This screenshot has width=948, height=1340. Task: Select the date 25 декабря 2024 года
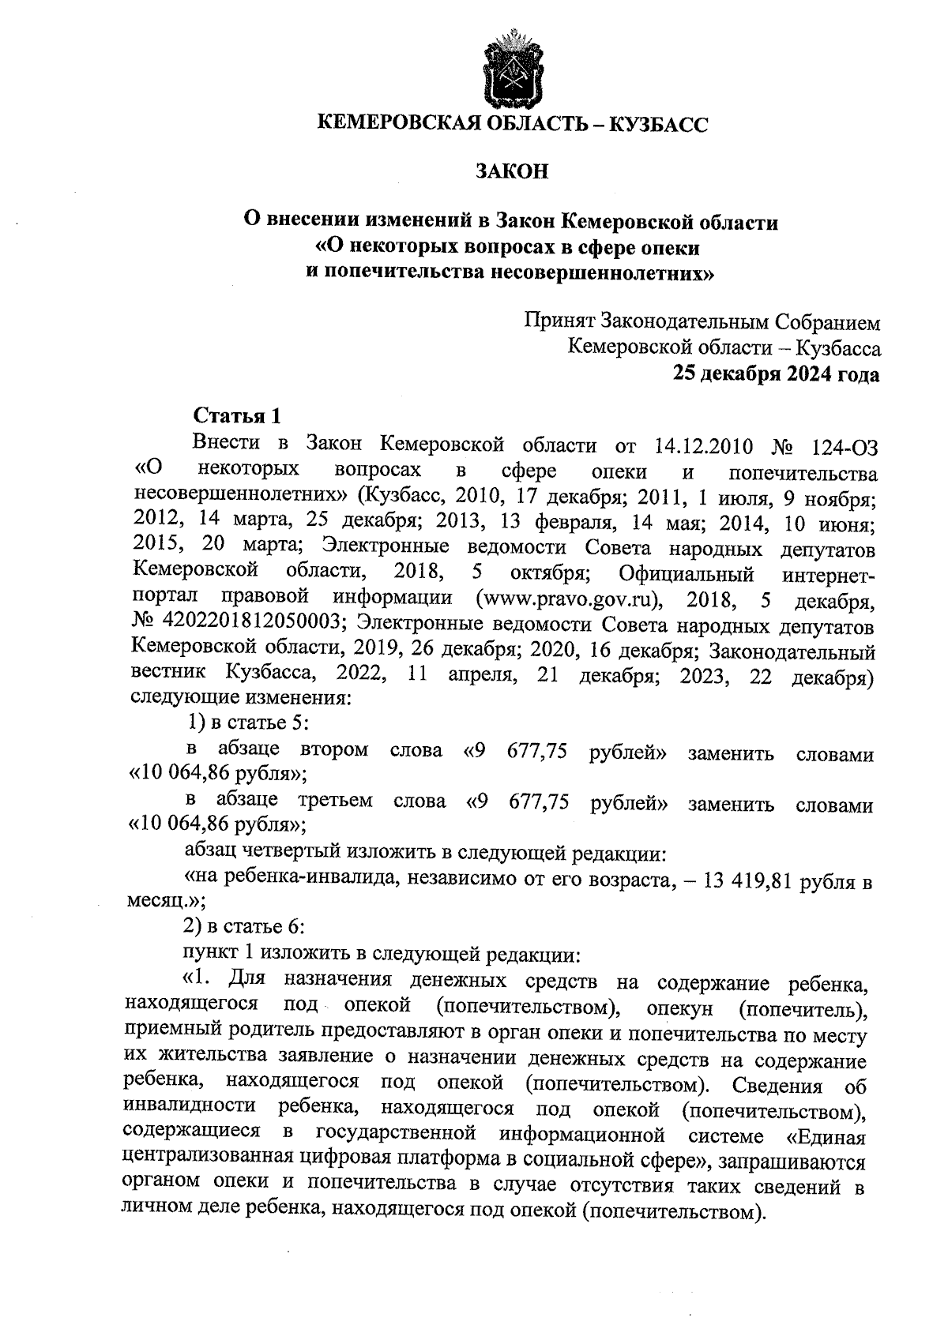coord(776,373)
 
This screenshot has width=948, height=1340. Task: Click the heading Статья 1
coord(237,416)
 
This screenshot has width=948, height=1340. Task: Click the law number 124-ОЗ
coord(843,446)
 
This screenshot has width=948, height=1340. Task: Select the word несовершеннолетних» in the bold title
coord(595,273)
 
